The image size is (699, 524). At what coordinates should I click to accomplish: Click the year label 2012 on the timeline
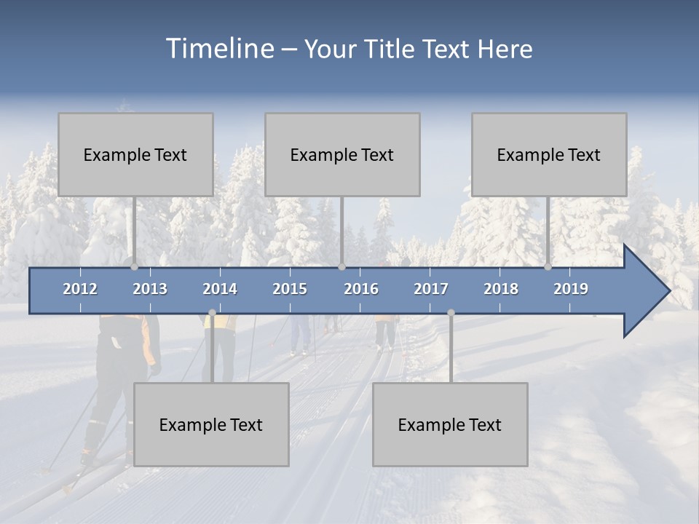[80, 289]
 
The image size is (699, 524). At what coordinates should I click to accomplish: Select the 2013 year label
[150, 289]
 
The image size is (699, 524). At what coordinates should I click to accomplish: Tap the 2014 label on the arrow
[220, 289]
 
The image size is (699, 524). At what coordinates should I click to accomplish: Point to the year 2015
[290, 289]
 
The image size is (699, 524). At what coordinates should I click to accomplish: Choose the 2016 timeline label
[361, 289]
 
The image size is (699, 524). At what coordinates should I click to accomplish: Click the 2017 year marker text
[431, 289]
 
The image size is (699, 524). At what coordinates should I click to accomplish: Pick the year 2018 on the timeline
[501, 289]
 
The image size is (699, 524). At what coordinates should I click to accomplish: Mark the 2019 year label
[571, 289]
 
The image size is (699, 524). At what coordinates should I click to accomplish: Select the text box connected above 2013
[135, 154]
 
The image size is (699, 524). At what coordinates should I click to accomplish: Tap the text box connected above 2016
[342, 154]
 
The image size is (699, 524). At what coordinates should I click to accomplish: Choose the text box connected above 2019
[549, 154]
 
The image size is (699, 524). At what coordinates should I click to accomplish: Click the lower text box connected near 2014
[211, 424]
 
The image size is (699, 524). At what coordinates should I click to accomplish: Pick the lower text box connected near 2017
[450, 424]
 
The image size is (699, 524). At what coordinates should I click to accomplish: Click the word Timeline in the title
[218, 49]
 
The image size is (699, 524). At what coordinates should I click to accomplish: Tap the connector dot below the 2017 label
[451, 312]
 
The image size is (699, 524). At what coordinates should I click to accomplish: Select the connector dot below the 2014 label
[212, 312]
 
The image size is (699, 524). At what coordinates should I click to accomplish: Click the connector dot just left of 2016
[341, 267]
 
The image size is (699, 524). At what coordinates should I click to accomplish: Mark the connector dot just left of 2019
[548, 267]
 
